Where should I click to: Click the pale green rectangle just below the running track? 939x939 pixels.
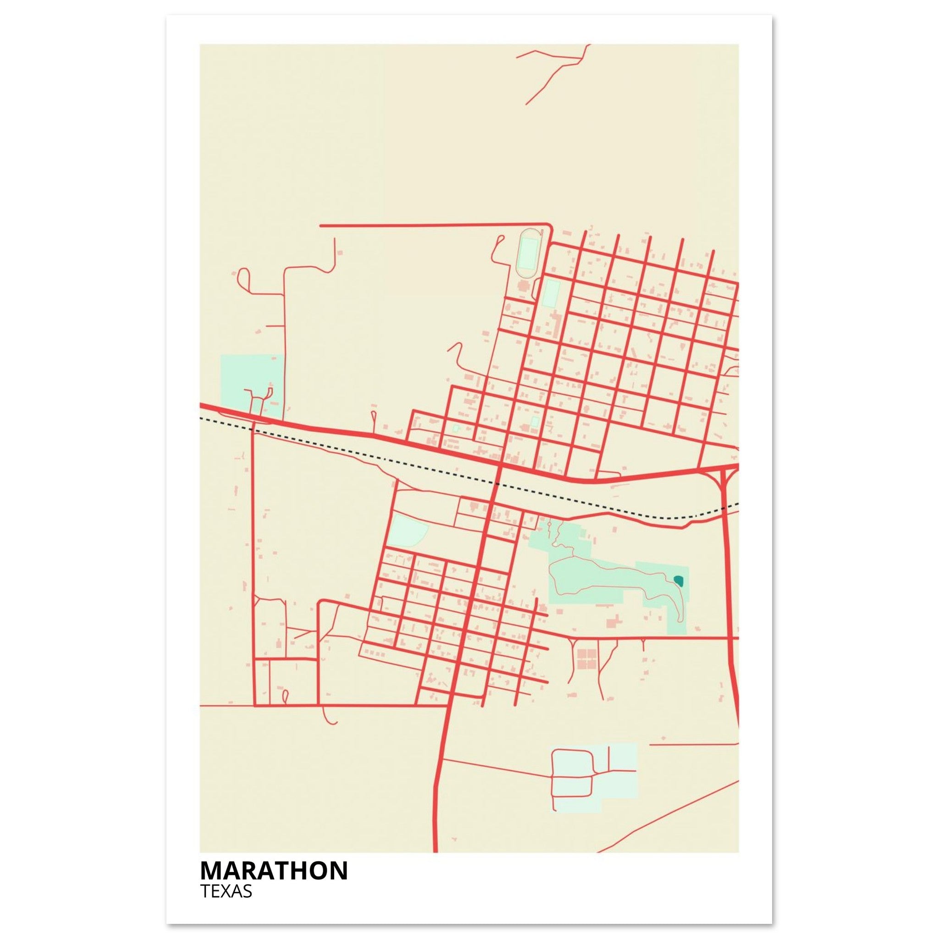point(551,293)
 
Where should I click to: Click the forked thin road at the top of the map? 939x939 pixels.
point(559,68)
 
